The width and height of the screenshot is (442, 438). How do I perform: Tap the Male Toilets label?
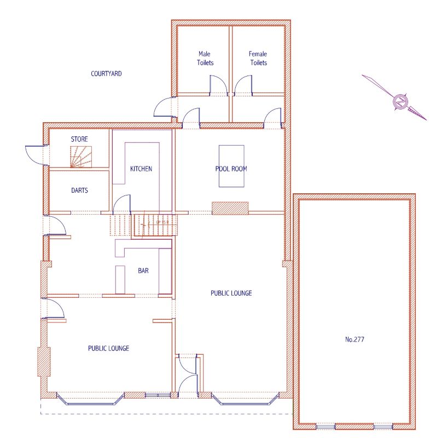click(204, 59)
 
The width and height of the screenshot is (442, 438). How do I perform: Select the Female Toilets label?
click(258, 59)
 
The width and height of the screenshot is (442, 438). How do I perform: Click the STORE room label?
click(79, 140)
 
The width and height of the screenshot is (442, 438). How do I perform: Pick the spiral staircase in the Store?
click(81, 157)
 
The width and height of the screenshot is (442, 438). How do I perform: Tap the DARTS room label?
click(79, 191)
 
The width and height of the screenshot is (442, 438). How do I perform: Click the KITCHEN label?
click(141, 169)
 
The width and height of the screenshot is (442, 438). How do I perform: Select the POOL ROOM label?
click(230, 169)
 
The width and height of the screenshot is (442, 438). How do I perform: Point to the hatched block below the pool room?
click(230, 208)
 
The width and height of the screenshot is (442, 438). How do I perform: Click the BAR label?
click(143, 270)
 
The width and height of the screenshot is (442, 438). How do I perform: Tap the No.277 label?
click(354, 339)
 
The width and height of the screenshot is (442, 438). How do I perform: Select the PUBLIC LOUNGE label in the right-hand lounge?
click(231, 293)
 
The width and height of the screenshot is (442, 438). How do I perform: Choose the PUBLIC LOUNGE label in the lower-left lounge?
click(108, 348)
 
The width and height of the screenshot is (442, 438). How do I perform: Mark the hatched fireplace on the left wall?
click(44, 361)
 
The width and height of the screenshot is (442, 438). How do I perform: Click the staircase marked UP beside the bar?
click(156, 224)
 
